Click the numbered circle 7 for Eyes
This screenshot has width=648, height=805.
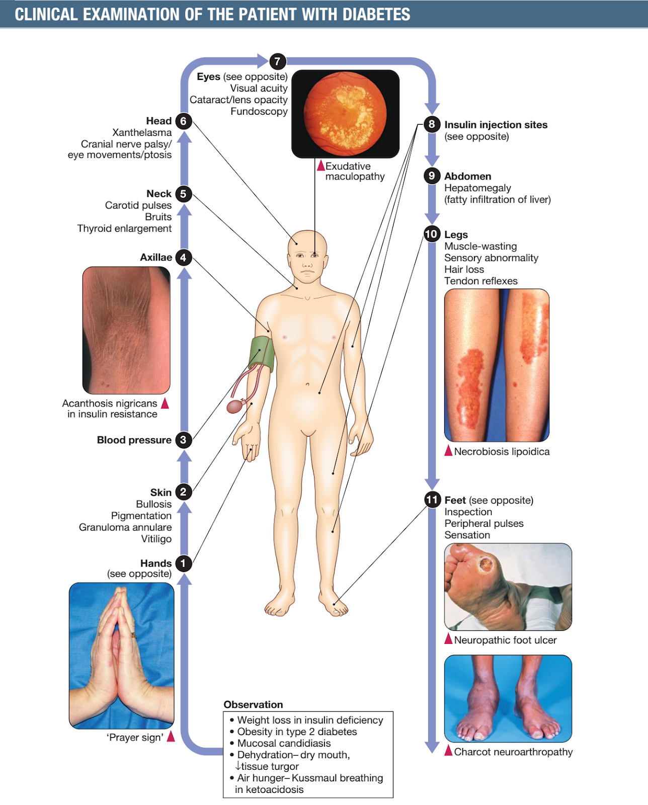[277, 61]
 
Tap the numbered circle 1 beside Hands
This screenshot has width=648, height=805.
[183, 563]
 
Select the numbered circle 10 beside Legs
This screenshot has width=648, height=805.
[432, 234]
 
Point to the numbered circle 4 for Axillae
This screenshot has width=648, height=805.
[183, 258]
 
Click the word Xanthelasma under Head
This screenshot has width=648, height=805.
[142, 132]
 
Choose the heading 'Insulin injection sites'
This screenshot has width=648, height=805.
[496, 125]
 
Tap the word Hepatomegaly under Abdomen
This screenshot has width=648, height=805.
[477, 188]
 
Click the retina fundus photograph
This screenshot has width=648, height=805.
[345, 114]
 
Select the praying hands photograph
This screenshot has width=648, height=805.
[122, 656]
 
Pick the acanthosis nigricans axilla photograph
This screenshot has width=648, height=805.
[126, 331]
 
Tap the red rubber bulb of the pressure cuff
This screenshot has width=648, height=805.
[235, 406]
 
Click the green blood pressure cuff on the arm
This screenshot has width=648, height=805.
[262, 354]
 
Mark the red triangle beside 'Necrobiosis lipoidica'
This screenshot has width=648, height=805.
[448, 451]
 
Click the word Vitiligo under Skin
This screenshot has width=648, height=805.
[156, 539]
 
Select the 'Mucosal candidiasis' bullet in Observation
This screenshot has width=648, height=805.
[284, 743]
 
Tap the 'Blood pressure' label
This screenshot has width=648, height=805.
[134, 440]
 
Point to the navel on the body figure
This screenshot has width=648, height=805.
[307, 384]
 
